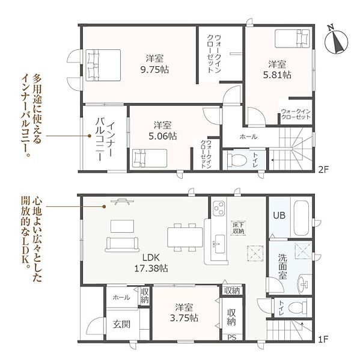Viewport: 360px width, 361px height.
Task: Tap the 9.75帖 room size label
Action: pos(154,69)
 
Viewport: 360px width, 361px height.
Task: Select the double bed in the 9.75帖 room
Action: pos(103,65)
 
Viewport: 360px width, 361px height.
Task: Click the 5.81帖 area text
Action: pos(277,75)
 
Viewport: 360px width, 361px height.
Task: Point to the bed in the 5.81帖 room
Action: pos(292,39)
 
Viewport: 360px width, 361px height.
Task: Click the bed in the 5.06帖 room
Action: pos(150,158)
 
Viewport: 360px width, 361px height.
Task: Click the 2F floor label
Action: pos(324,170)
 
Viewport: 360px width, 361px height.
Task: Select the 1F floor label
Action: pos(323,339)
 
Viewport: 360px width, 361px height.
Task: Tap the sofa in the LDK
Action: pos(122,244)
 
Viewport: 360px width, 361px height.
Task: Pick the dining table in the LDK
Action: pos(185,237)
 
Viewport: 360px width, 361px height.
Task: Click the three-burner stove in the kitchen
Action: pos(219,208)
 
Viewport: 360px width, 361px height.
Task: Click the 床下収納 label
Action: pos(239,228)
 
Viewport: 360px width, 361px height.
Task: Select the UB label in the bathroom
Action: pos(279,215)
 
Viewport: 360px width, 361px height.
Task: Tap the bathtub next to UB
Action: pos(301,218)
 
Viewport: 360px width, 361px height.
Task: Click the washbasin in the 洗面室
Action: pos(304,285)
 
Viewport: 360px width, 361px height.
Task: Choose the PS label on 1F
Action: pos(232,338)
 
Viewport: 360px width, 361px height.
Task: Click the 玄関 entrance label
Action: pos(121,324)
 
